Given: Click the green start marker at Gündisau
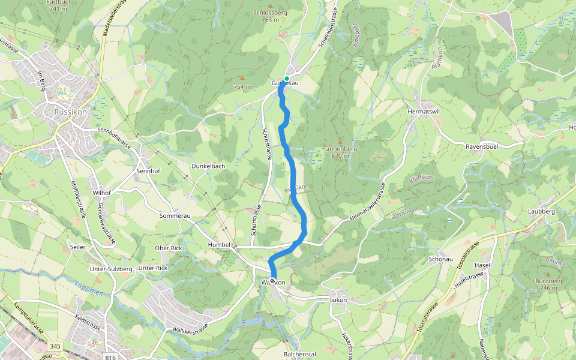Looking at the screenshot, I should (287, 79).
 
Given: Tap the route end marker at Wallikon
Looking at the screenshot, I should (273, 281).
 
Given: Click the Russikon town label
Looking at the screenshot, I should (70, 112).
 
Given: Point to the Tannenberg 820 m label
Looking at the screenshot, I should (340, 152).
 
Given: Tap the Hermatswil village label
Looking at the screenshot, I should (424, 112).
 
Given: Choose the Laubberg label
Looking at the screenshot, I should (541, 211).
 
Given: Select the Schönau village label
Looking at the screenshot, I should (440, 259).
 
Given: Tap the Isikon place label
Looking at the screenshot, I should (338, 299).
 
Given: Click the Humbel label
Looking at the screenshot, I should (219, 245).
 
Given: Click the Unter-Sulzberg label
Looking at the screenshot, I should (110, 269).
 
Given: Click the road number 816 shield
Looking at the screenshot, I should (110, 357).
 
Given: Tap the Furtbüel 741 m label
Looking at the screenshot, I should (58, 5).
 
